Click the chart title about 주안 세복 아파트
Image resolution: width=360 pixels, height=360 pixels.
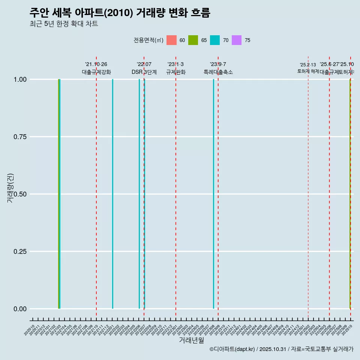120,13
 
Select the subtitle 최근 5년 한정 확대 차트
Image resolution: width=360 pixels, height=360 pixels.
64,24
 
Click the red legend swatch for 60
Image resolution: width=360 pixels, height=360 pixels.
171,40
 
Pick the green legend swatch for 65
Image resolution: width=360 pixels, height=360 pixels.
193,40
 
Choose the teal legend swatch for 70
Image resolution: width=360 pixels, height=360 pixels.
215,40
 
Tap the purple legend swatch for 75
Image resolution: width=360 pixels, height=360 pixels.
237,40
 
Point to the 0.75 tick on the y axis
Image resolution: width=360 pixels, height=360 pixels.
19,137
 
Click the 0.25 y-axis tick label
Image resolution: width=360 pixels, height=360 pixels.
19,252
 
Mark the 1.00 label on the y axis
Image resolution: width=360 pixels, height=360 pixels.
19,79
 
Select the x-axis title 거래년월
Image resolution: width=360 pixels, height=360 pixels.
191,340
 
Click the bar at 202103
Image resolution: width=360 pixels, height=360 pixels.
59,194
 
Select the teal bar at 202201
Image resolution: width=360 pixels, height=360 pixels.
112,194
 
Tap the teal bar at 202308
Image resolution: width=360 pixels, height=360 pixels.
214,194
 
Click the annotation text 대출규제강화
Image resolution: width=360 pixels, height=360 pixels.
96,72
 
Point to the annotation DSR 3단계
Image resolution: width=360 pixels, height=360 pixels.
144,72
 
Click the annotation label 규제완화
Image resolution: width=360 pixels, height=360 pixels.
176,72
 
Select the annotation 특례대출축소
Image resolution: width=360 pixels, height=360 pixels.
218,72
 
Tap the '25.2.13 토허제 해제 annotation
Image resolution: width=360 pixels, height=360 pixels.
308,68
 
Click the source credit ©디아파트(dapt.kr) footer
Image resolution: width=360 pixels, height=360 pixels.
281,349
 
